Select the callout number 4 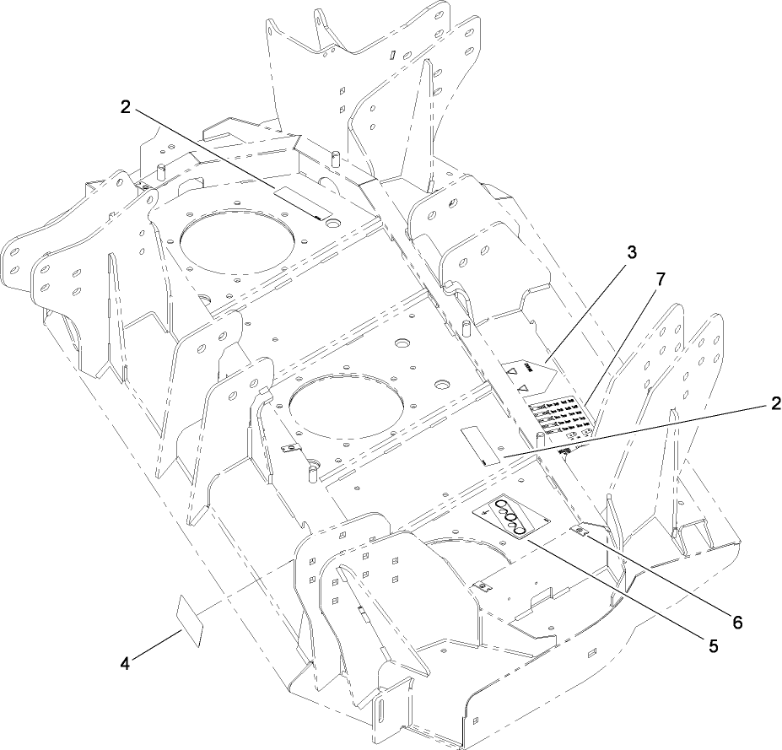(126, 665)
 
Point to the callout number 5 (714, 647)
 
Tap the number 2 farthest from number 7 (126, 106)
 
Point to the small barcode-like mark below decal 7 (565, 453)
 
